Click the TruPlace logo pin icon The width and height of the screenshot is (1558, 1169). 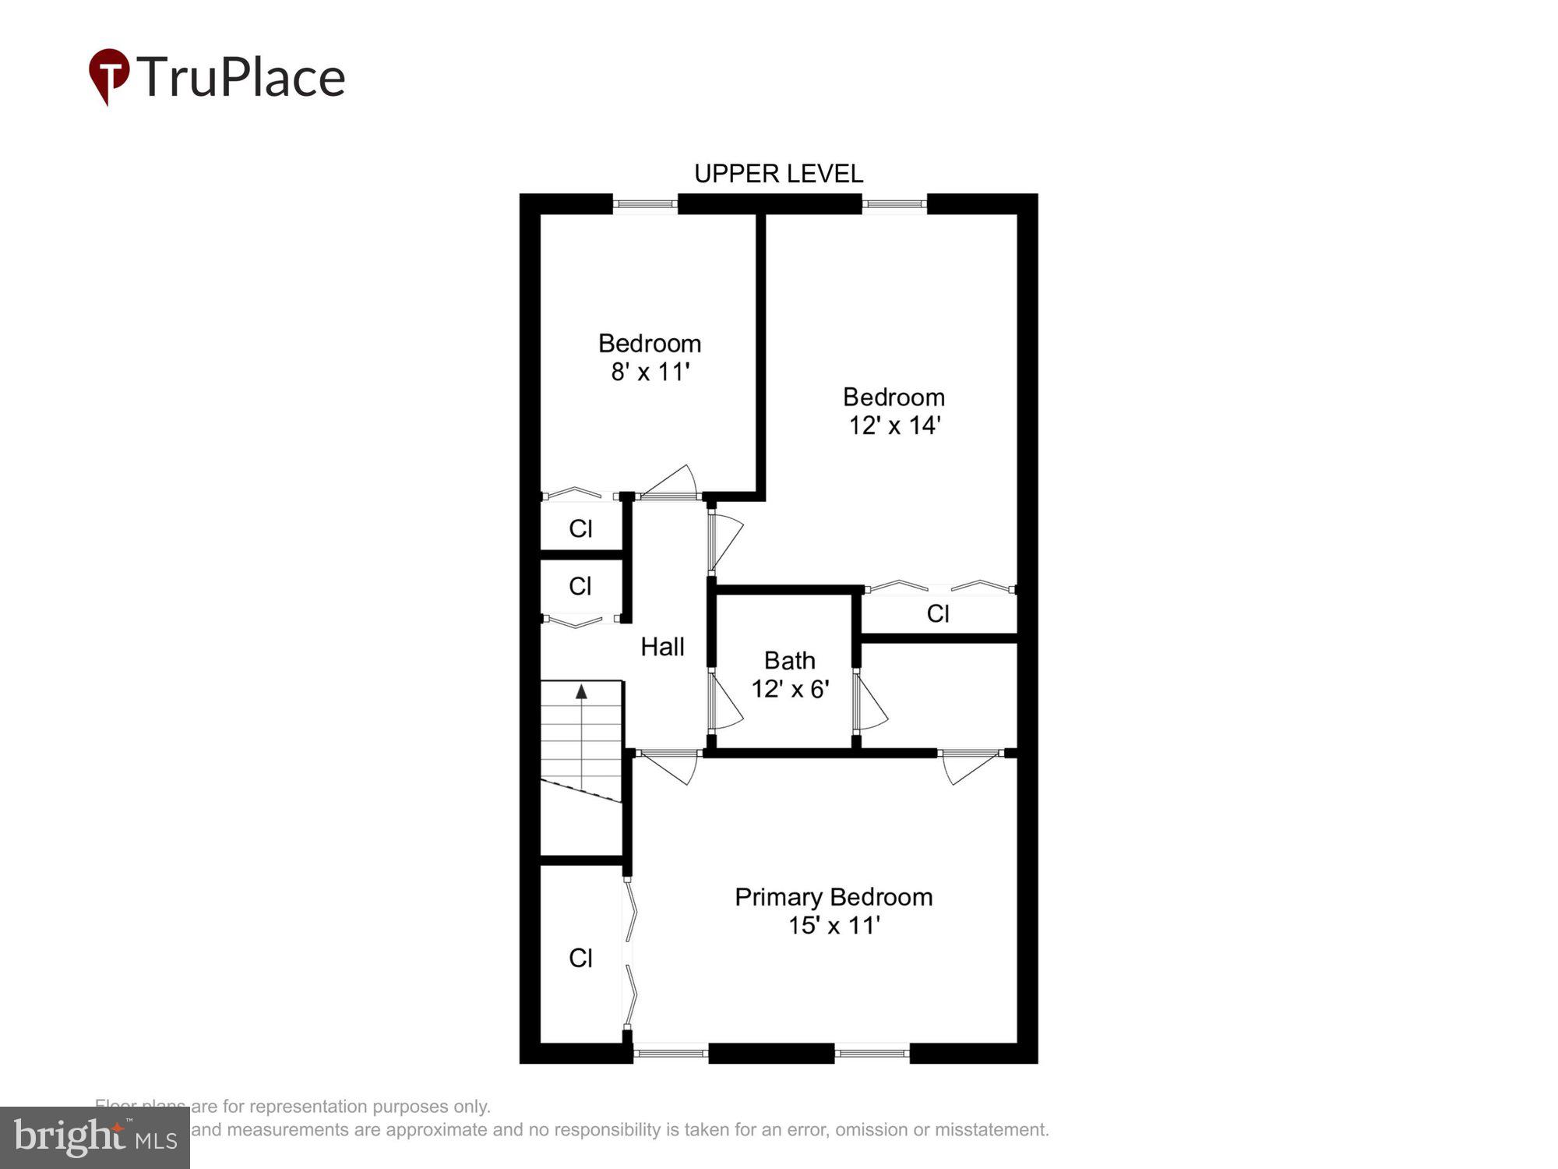click(108, 76)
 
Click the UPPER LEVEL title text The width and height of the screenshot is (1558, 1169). click(778, 174)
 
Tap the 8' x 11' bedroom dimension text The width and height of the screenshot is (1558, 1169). click(650, 373)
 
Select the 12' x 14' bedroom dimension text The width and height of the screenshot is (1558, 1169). click(894, 426)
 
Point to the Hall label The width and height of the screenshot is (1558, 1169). click(662, 647)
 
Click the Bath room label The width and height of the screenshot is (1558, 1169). click(789, 661)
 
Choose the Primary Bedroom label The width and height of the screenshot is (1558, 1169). click(834, 897)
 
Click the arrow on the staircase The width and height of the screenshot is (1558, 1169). click(581, 691)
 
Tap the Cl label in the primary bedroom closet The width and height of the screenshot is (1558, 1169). click(580, 958)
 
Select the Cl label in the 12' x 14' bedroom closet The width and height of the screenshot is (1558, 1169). click(938, 614)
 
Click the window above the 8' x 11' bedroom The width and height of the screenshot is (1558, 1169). click(645, 204)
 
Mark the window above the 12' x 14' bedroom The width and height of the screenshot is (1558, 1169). click(894, 204)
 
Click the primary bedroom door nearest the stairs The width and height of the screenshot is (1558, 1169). click(670, 765)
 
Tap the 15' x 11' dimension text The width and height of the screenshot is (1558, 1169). click(834, 926)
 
